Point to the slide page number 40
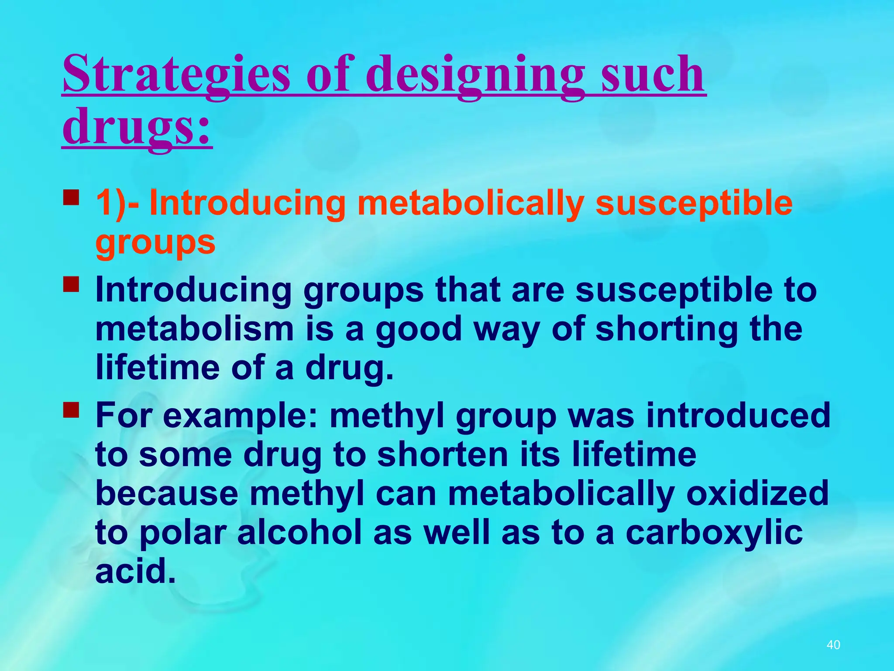pos(833,645)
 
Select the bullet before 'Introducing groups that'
pos(71,284)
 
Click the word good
pos(418,329)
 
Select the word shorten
pos(442,454)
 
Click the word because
pos(167,493)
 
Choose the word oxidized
pos(757,493)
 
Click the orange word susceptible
pos(694,203)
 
